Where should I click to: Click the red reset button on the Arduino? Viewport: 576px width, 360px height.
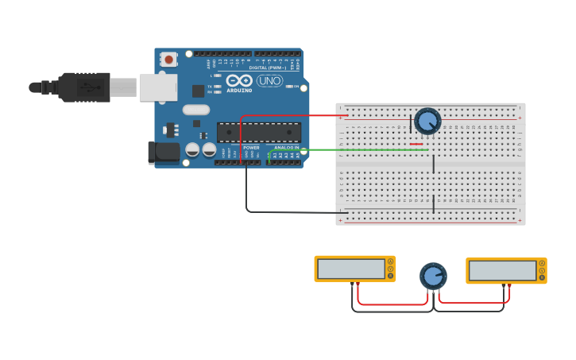[168, 59]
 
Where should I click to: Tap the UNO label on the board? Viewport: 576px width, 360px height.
[269, 80]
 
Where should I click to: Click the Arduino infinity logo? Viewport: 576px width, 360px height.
[239, 80]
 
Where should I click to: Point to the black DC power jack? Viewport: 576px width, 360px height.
[164, 152]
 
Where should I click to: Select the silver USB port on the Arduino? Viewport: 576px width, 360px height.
[158, 87]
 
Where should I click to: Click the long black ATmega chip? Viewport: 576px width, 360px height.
[259, 132]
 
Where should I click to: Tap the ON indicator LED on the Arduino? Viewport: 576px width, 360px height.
[291, 86]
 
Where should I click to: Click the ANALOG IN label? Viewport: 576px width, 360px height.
[286, 147]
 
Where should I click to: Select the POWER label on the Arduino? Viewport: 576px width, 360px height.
[251, 147]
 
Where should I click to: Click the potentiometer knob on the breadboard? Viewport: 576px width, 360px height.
[427, 121]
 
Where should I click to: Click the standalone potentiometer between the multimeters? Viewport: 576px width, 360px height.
[433, 276]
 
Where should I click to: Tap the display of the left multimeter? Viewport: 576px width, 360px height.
[350, 269]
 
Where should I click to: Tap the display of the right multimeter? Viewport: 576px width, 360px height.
[502, 270]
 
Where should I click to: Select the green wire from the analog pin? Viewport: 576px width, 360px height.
[358, 149]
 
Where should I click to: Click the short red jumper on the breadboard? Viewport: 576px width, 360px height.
[416, 144]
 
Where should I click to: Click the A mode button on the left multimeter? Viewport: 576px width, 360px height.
[390, 261]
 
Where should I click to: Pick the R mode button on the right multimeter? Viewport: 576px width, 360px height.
[542, 277]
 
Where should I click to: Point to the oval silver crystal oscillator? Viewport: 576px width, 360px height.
[196, 110]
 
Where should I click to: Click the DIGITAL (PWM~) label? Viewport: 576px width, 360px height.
[268, 68]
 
